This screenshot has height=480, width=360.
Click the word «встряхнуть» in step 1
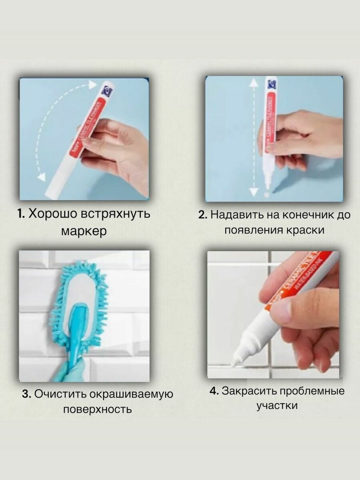pos(116,214)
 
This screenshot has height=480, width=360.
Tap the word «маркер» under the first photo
pos(84,231)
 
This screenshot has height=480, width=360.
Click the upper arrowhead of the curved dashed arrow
pos(92,85)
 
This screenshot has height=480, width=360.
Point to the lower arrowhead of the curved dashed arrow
pos(42,176)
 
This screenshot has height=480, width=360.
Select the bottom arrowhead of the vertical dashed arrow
pos(254,191)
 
